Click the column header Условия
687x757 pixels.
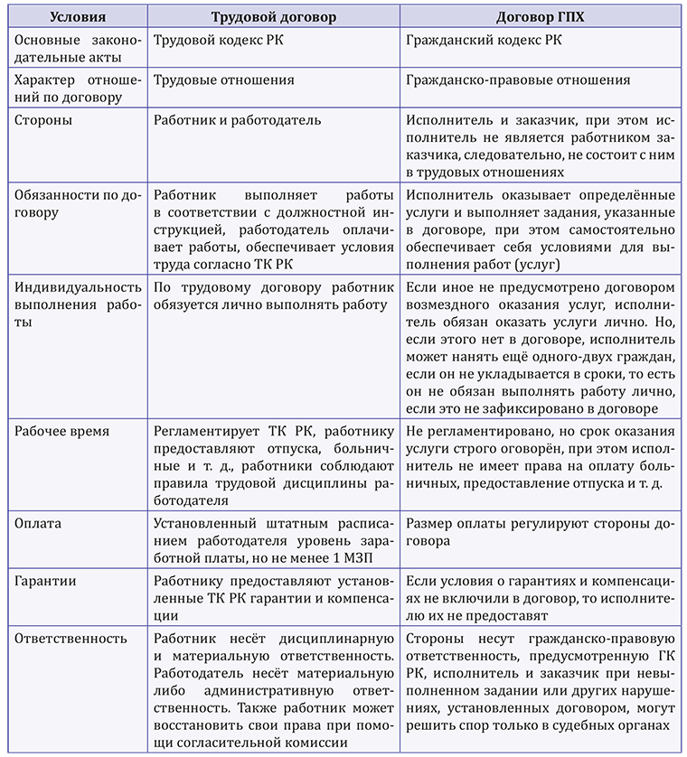click(x=77, y=16)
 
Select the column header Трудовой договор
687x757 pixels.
click(x=272, y=16)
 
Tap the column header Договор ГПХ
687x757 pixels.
click(x=541, y=16)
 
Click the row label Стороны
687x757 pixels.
click(x=44, y=119)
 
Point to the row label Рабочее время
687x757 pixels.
click(x=62, y=431)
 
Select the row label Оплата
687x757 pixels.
click(x=41, y=523)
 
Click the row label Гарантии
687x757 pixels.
click(x=46, y=583)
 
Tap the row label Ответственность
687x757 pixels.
click(x=71, y=639)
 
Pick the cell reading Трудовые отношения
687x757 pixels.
click(x=224, y=79)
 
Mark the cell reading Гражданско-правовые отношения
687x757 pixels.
click(x=518, y=79)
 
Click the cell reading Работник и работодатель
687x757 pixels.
click(x=238, y=119)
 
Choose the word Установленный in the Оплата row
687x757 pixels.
click(x=202, y=523)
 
